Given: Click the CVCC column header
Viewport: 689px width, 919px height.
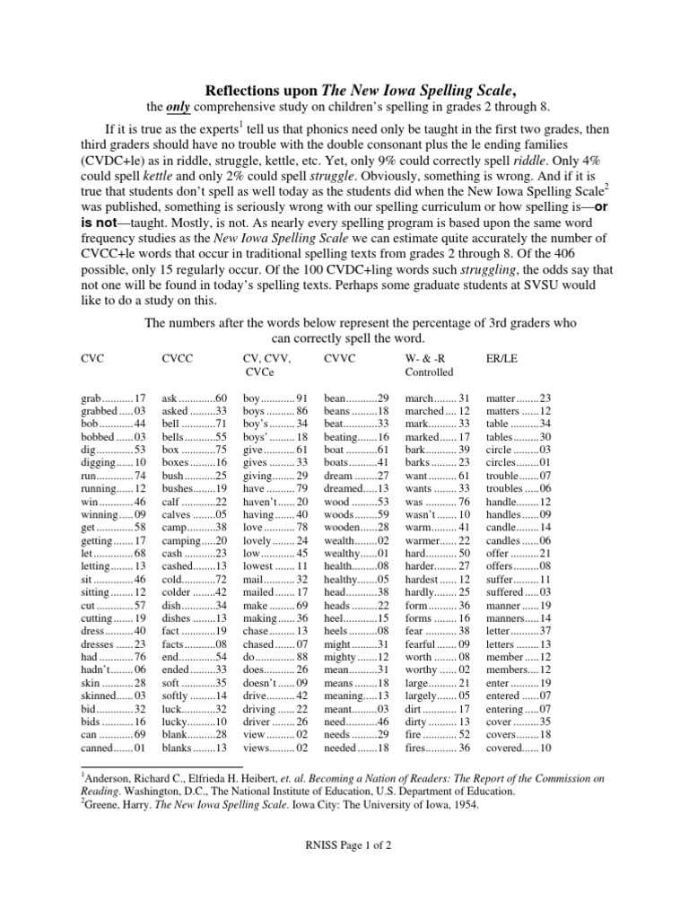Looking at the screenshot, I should [x=177, y=357].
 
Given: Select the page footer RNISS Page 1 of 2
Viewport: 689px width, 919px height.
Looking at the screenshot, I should [x=344, y=845].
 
